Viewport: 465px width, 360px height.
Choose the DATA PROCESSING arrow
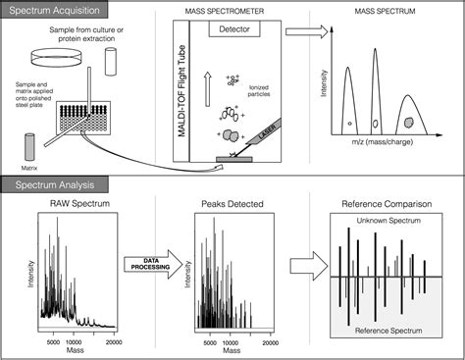[147, 262]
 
